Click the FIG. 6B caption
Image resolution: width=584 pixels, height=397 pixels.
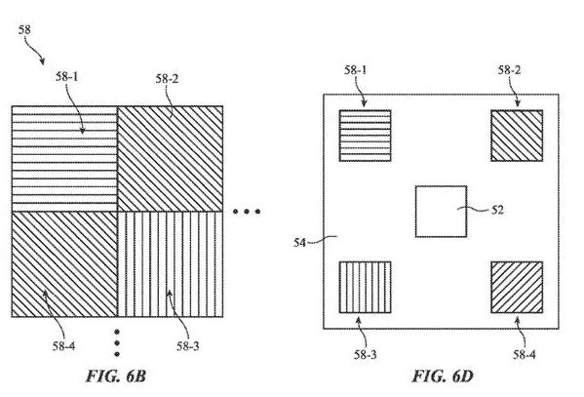point(115,376)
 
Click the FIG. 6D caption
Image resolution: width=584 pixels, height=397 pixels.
point(443,376)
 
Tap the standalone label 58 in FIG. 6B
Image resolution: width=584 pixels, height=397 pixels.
point(24,29)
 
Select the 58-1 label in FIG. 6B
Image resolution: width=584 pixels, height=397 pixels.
point(67,77)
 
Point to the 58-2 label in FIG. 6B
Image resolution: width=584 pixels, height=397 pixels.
point(167,79)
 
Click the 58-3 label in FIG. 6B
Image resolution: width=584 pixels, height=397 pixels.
point(188,346)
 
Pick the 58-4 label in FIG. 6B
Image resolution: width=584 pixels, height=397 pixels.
point(63,346)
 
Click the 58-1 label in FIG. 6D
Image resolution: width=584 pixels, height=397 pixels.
point(355,69)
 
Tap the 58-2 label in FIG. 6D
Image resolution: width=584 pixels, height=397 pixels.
point(509,69)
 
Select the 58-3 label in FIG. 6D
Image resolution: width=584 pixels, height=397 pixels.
point(366,354)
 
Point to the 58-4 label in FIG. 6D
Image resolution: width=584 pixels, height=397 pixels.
point(525,354)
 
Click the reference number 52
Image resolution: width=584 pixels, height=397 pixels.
point(497,210)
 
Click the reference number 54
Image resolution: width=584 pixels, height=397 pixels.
point(299,243)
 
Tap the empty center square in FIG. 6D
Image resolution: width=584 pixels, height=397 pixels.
point(441,212)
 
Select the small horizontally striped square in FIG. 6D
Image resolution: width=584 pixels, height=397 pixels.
point(365,136)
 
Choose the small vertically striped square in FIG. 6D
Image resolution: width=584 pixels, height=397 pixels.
point(365,287)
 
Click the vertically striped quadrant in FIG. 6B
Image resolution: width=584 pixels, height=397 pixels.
point(171,264)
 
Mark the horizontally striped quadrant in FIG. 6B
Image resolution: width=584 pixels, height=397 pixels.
point(64,159)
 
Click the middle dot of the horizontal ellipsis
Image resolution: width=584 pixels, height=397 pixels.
point(247,212)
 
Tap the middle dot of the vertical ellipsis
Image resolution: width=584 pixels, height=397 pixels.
point(117,342)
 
